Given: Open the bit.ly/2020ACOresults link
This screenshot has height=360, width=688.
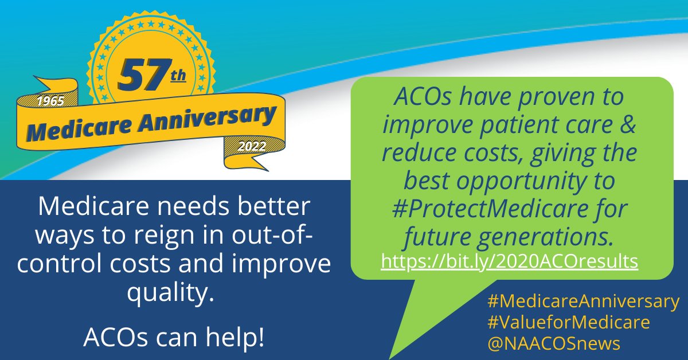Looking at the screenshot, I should pos(510,261).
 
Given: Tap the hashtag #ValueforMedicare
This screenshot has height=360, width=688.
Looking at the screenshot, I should pos(568,322).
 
